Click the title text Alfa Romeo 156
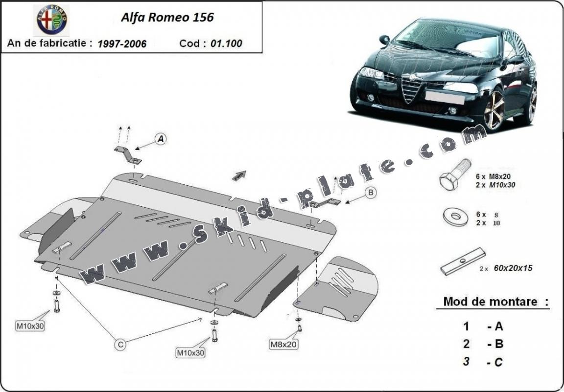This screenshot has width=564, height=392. [167, 18]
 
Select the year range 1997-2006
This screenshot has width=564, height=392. [122, 44]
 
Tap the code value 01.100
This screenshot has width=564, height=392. [226, 44]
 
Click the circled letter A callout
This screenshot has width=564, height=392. [161, 139]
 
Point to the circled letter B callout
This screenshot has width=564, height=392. [371, 193]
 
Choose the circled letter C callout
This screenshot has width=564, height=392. [120, 345]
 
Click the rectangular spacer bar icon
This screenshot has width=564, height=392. [462, 261]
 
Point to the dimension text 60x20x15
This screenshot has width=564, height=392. [513, 268]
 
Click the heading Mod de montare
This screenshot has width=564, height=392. [490, 302]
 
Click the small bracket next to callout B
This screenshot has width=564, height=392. [325, 203]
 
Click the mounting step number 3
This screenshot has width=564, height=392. [467, 362]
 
